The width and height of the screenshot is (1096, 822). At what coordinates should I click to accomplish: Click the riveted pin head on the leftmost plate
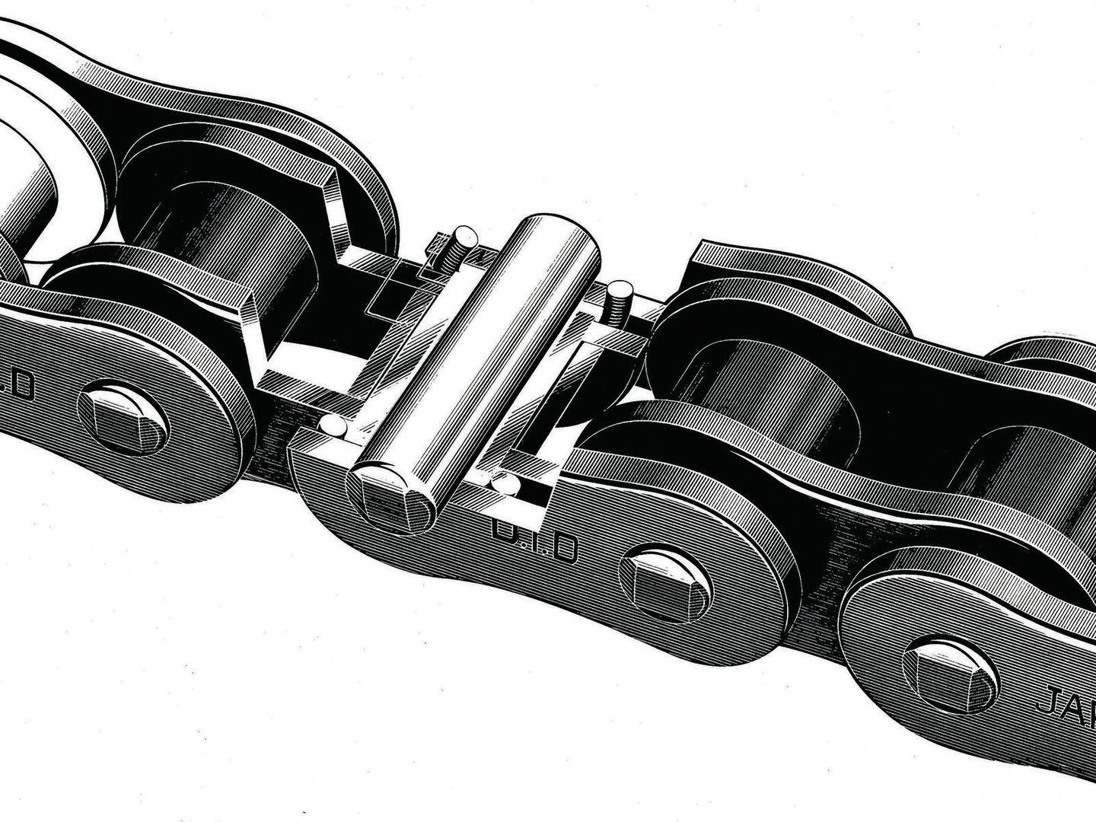[123, 417]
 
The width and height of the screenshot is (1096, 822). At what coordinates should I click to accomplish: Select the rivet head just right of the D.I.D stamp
[665, 582]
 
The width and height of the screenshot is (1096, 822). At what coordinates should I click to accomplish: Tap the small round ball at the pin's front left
[333, 425]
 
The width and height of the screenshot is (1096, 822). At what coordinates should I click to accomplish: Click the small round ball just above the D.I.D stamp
[504, 483]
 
